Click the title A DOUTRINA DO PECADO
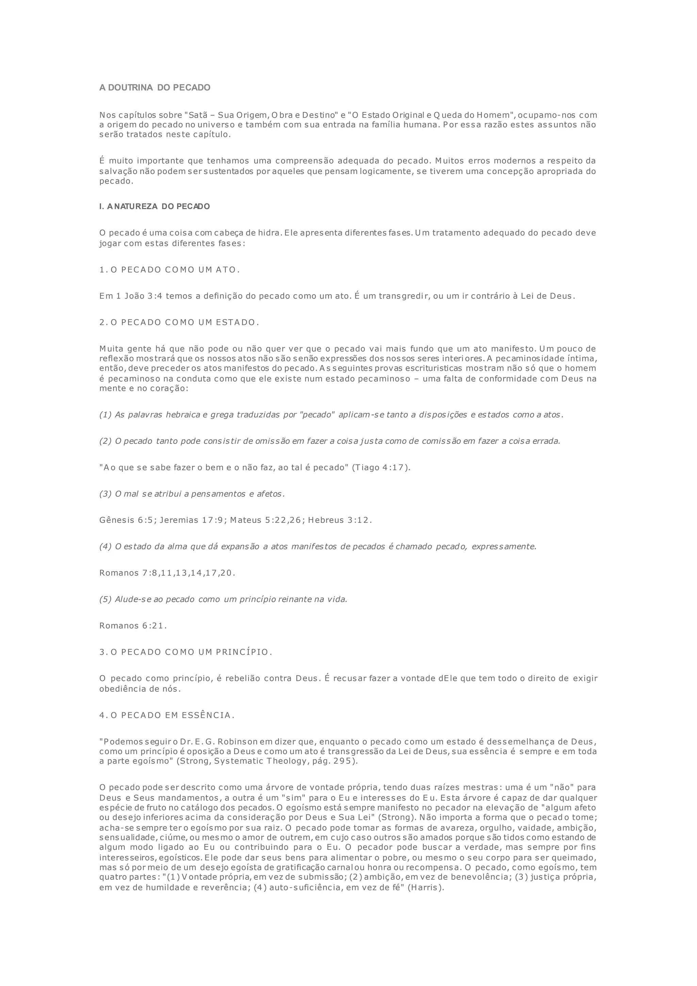point(155,88)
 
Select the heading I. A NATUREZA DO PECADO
point(155,207)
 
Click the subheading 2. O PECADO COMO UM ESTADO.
point(179,322)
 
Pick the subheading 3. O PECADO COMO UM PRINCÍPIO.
point(186,652)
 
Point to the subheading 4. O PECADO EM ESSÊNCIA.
point(167,715)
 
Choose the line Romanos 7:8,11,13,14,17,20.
point(167,573)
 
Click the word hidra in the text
point(269,233)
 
